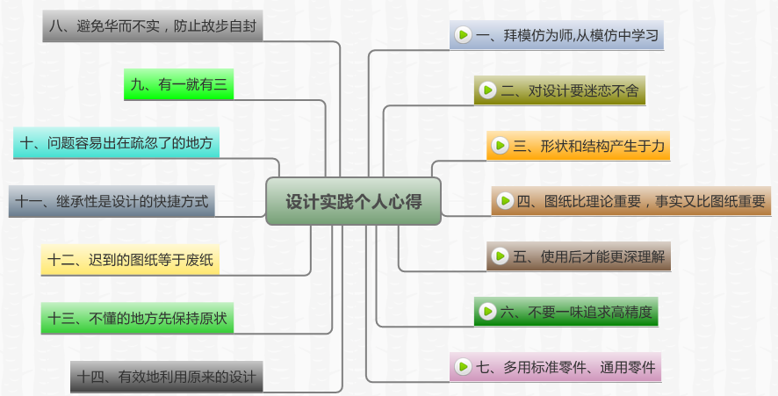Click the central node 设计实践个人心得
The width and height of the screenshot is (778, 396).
coord(353,201)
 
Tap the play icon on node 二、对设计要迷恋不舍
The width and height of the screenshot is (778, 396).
coord(488,90)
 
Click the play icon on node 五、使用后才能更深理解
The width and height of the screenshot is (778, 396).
coord(501,256)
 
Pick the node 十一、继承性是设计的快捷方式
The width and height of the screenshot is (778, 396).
coord(112,201)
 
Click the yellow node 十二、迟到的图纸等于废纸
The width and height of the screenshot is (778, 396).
coord(132,260)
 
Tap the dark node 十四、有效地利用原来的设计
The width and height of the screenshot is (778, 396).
coord(166,377)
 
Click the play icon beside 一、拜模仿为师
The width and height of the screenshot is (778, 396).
coord(463,36)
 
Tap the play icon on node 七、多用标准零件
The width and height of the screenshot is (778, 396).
coord(463,366)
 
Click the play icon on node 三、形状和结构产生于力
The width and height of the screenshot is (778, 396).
coord(501,146)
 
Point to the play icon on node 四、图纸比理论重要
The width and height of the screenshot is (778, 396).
coord(505,201)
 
